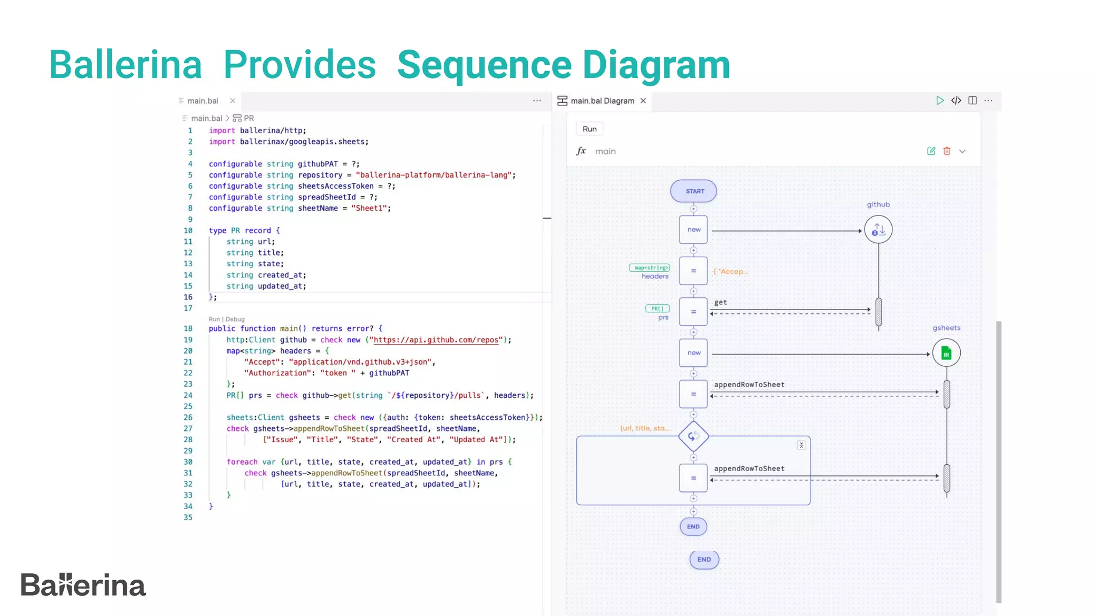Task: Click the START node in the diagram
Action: coord(693,191)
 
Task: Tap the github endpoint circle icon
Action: coord(878,230)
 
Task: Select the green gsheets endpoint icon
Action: coord(946,353)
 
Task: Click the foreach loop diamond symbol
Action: coord(693,436)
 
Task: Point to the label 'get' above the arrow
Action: coord(720,302)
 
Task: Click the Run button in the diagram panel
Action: coord(589,129)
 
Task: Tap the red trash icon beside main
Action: coord(947,151)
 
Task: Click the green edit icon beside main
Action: coord(931,151)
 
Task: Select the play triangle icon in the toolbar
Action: coord(939,101)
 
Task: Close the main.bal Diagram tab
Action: coord(643,101)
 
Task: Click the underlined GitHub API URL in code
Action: coord(436,340)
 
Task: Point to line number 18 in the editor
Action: coord(188,329)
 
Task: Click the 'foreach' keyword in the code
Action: coord(242,462)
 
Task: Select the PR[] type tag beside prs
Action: coord(657,309)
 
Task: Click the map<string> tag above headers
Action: coord(650,267)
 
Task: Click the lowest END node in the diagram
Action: coord(704,559)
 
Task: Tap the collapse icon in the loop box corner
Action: coord(801,445)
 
